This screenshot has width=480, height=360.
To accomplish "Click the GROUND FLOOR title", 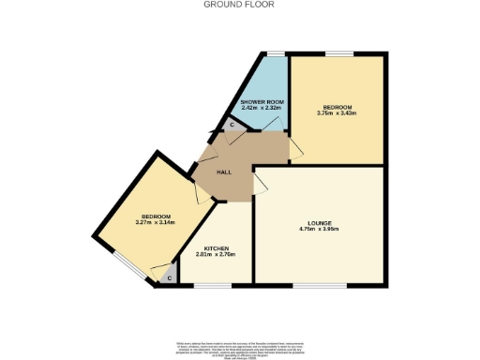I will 239,4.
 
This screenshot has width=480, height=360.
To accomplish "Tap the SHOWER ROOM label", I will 262,101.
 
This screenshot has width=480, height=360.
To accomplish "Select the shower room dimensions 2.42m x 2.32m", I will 262,108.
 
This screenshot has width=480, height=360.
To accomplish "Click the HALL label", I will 224,172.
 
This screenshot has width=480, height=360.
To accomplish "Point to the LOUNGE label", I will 318,223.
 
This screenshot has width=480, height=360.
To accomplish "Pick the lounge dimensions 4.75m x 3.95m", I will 318,230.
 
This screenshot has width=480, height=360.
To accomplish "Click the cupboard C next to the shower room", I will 232,125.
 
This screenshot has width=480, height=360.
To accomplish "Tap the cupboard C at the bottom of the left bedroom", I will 169,277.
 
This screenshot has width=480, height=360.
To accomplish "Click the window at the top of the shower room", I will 274,54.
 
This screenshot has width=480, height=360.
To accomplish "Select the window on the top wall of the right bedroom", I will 338,54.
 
